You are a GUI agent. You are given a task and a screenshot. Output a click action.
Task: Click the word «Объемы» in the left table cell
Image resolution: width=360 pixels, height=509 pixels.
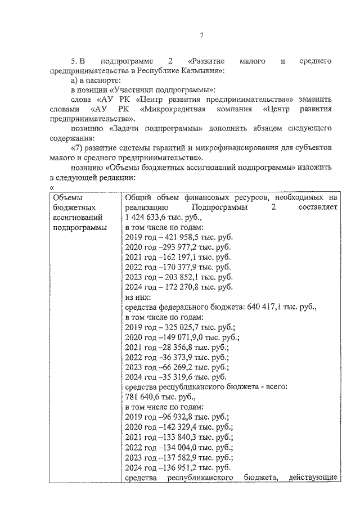[67, 197]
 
